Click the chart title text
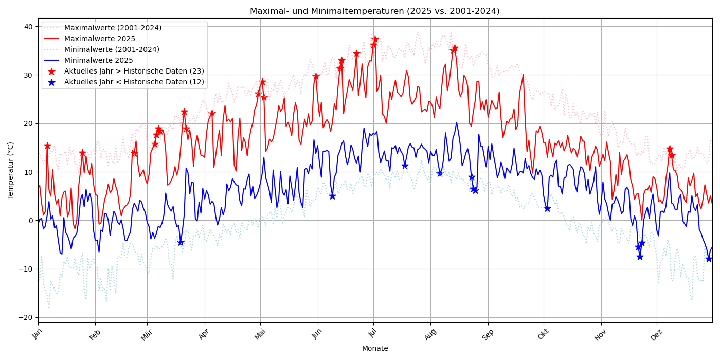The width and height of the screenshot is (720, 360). [374, 11]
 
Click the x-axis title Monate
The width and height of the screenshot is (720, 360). [374, 348]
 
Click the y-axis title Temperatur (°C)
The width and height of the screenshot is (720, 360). [11, 170]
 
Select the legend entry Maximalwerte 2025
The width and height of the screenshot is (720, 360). [99, 39]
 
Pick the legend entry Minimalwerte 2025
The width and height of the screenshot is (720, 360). [98, 61]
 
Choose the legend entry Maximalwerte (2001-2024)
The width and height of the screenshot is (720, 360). [113, 28]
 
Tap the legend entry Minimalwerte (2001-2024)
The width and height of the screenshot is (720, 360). [112, 50]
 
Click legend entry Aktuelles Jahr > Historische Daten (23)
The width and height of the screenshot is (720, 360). [134, 71]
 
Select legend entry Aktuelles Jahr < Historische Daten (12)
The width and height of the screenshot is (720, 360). [134, 82]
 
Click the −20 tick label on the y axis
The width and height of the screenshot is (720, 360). [26, 317]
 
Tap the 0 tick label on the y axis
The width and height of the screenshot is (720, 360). [30, 221]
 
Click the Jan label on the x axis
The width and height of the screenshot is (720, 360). [37, 333]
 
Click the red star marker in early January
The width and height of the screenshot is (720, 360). [47, 146]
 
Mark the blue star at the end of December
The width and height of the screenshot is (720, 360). [709, 259]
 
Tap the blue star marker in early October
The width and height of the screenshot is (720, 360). [547, 208]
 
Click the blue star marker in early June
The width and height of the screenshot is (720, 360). [332, 196]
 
